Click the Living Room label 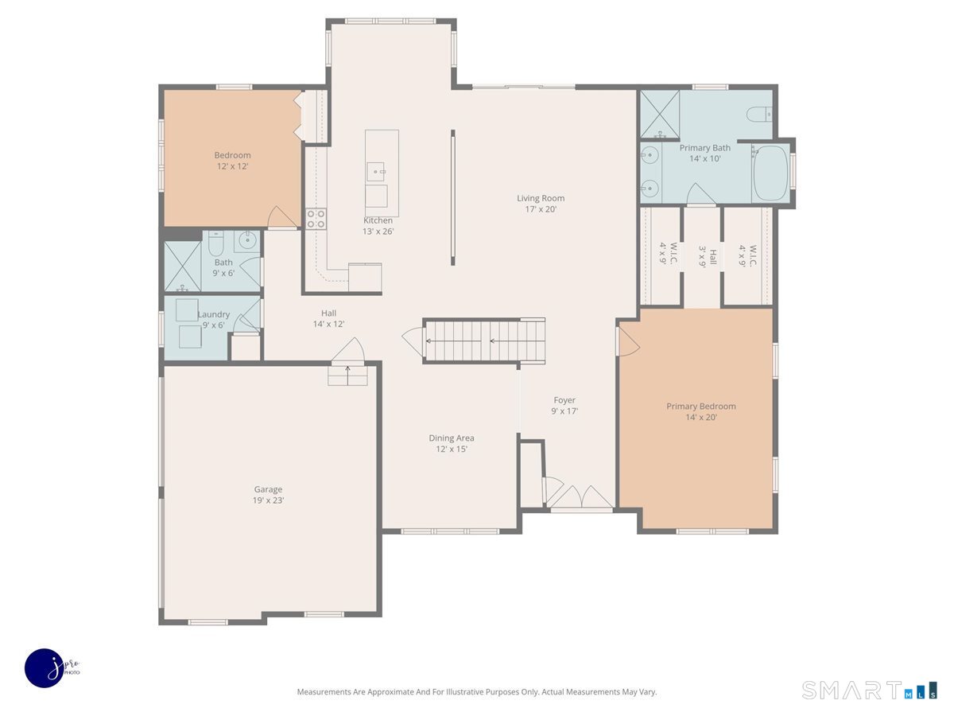pos(541,198)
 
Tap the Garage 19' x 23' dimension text pos(268,500)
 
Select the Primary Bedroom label pos(700,406)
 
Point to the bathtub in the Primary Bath pos(770,173)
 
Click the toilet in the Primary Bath pos(759,114)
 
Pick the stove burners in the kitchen pos(316,219)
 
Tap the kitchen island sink pos(376,171)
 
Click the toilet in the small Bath pos(215,243)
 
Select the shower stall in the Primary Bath pos(660,115)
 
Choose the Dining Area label pos(451,438)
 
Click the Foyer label pos(564,400)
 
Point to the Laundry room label pos(213,314)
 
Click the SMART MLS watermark pos(869,691)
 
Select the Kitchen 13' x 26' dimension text pos(378,232)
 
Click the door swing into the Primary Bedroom pos(629,342)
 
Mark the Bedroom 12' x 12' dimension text pos(232,166)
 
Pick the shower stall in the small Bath pos(183,266)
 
